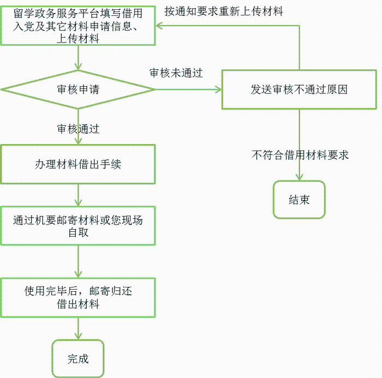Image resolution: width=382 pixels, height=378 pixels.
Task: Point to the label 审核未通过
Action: pyautogui.click(x=176, y=73)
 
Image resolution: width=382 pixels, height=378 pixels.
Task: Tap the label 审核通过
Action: pyautogui.click(x=78, y=129)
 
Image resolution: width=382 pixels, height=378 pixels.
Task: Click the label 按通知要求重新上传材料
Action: pyautogui.click(x=224, y=11)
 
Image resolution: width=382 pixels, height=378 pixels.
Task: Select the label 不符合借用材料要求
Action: pyautogui.click(x=300, y=155)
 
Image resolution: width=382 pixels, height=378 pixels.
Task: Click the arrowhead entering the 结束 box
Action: pyautogui.click(x=299, y=177)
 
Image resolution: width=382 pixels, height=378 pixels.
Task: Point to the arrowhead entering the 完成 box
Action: pyautogui.click(x=78, y=337)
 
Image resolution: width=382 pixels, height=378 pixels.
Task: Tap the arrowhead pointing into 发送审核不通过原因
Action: pyautogui.click(x=218, y=89)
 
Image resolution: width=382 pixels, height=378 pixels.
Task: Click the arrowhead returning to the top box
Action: pyautogui.click(x=159, y=26)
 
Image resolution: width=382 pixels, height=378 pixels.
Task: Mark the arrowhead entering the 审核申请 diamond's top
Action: pyautogui.click(x=78, y=67)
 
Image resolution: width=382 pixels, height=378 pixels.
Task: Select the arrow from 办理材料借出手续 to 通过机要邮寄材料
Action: pyautogui.click(x=78, y=195)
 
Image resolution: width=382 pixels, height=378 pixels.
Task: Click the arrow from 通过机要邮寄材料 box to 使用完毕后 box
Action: pyautogui.click(x=78, y=262)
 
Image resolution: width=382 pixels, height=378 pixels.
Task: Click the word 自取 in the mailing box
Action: pyautogui.click(x=78, y=232)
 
